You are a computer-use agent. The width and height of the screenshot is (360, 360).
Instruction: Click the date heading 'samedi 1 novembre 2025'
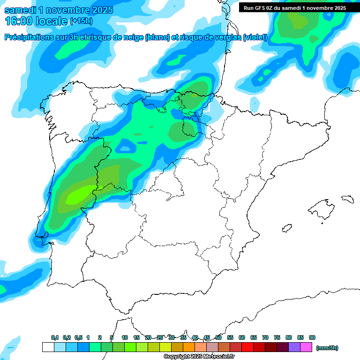(59, 10)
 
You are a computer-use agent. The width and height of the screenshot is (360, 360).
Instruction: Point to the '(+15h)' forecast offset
(81, 21)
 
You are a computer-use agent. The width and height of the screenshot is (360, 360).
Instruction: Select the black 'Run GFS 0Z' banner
(294, 7)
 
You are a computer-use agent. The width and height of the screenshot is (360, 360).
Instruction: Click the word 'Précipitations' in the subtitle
(28, 37)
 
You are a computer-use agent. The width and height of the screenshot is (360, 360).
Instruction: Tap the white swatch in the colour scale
(48, 347)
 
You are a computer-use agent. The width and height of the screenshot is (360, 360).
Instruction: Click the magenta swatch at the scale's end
(306, 347)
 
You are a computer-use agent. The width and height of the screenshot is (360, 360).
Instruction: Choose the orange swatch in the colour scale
(189, 347)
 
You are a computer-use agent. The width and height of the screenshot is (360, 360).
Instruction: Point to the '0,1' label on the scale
(55, 337)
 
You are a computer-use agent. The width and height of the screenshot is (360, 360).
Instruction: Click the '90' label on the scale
(312, 337)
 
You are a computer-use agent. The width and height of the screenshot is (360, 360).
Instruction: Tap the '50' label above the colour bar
(218, 337)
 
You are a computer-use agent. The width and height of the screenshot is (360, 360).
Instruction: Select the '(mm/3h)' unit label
(327, 348)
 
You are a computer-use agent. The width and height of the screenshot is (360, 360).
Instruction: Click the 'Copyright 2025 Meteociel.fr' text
(199, 357)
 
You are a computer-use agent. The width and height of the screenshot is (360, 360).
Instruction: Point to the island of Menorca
(347, 199)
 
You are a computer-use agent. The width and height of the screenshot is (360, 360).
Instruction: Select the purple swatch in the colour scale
(294, 347)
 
